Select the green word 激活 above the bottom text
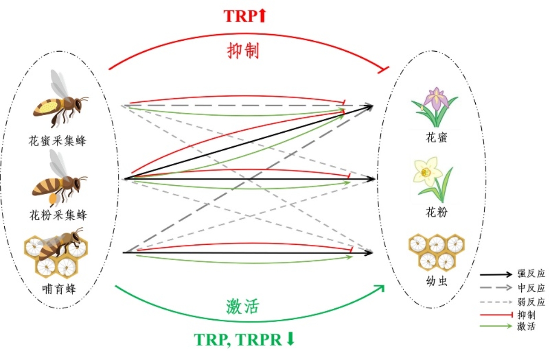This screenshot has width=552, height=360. point(242,307)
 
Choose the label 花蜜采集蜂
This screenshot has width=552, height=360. point(58,141)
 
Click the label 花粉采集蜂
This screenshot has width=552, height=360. point(58,215)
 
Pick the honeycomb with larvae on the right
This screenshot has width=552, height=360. point(435,251)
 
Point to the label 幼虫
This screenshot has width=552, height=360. point(436,282)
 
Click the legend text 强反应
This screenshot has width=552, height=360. point(531,274)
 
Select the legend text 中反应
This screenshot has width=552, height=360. point(531,288)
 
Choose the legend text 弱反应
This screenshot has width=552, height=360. point(531,302)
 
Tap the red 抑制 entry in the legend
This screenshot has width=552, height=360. point(526,315)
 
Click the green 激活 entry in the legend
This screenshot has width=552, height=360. point(526,326)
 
